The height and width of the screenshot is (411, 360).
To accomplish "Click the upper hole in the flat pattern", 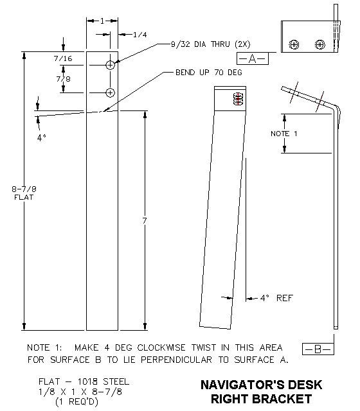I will [x=111, y=65].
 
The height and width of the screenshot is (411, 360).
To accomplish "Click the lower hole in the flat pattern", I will [x=111, y=92].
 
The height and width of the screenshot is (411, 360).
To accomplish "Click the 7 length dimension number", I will [x=145, y=221].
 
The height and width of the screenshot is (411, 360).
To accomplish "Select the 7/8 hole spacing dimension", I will [x=63, y=79].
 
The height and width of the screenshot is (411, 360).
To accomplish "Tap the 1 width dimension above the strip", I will [x=102, y=21].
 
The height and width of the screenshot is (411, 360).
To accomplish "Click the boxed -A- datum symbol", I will [x=252, y=59].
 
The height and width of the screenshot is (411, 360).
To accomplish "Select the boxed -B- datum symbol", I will [x=317, y=349].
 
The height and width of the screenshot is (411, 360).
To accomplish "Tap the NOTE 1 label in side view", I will [x=280, y=133].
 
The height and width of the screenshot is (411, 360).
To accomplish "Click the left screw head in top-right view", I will [x=294, y=44].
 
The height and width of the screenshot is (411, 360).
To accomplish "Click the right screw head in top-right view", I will [x=319, y=44].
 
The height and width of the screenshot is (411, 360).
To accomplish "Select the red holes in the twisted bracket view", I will [x=238, y=99].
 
